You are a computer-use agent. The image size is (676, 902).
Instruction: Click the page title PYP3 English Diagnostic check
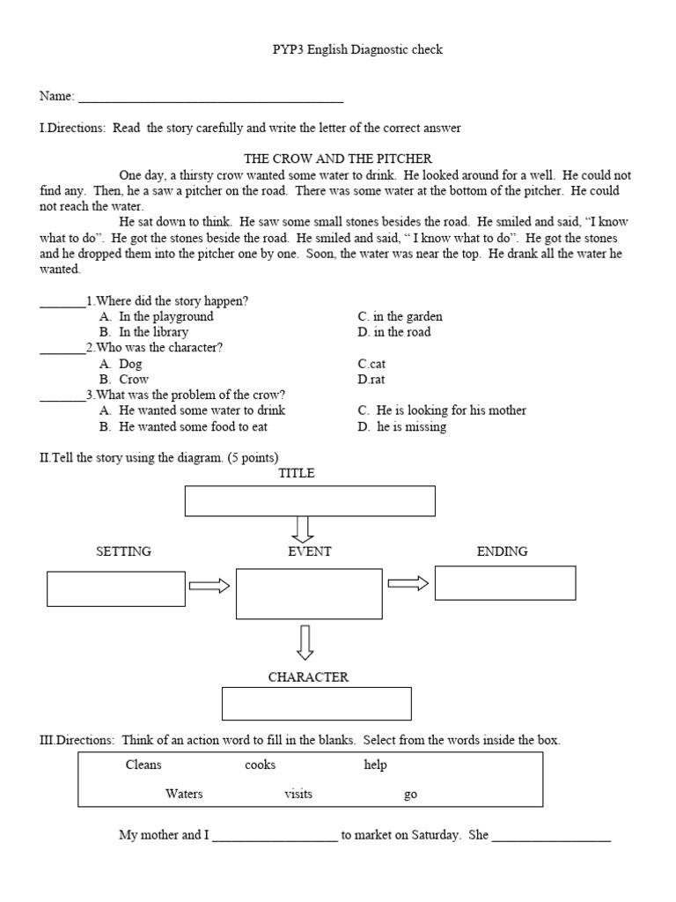(x=356, y=50)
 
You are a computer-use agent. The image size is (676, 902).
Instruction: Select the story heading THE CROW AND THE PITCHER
(x=337, y=159)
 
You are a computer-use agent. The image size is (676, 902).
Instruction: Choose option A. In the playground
(x=157, y=316)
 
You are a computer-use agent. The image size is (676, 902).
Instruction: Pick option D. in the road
(x=394, y=332)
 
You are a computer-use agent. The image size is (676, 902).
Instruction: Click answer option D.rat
(x=371, y=380)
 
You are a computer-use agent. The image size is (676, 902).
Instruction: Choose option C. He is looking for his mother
(x=442, y=410)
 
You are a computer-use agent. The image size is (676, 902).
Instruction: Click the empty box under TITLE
(x=310, y=500)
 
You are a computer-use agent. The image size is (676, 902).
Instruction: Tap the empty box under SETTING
(x=116, y=588)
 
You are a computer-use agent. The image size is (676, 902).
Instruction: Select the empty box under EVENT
(x=309, y=593)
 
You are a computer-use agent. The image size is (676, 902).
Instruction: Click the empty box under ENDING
(x=505, y=583)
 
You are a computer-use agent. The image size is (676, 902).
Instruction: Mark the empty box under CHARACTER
(x=317, y=704)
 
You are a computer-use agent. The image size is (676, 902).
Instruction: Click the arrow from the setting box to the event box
(x=209, y=587)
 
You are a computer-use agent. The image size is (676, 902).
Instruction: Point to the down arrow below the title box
(x=303, y=529)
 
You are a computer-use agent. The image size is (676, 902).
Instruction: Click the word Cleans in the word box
(x=143, y=765)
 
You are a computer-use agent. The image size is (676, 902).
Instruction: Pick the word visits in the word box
(x=298, y=794)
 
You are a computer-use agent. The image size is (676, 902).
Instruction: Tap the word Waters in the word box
(x=184, y=794)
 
